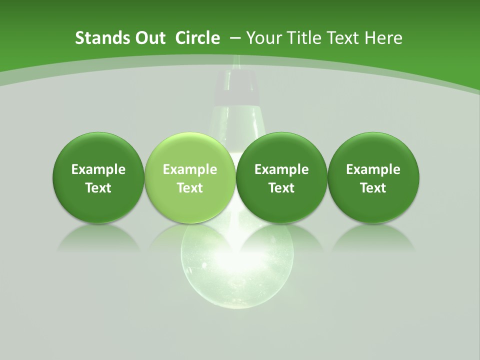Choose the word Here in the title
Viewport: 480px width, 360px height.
click(x=383, y=38)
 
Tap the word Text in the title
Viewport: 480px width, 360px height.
click(x=338, y=38)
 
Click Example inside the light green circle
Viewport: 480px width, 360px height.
click(x=190, y=169)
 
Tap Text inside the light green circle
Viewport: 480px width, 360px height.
click(x=190, y=188)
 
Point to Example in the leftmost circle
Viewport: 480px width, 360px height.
click(x=98, y=169)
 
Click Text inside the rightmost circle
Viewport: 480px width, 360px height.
click(x=373, y=188)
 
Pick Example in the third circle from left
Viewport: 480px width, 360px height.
click(x=281, y=169)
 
